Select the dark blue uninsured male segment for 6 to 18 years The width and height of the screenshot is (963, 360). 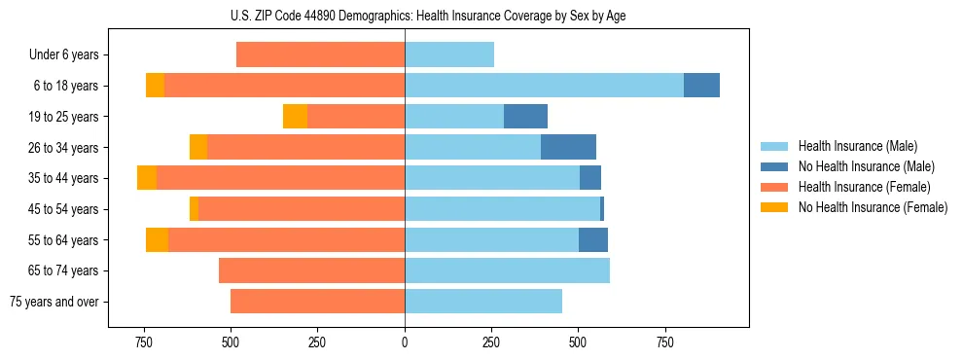click(x=701, y=86)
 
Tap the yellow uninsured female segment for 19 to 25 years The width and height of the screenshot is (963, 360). click(x=295, y=117)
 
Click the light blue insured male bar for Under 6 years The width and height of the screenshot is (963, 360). click(x=449, y=55)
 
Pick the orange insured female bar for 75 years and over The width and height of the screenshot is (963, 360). click(x=317, y=302)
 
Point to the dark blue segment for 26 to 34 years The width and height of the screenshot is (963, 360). click(x=568, y=147)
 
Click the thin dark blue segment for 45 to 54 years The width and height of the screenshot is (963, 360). click(x=602, y=209)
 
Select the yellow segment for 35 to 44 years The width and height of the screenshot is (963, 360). click(x=147, y=178)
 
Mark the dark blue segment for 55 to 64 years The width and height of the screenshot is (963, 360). click(x=593, y=239)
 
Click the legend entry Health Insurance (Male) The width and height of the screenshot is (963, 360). click(x=857, y=146)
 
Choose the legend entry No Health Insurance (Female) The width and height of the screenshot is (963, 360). click(x=873, y=207)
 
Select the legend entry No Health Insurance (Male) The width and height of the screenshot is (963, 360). click(x=866, y=166)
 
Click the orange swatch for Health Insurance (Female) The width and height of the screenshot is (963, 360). click(x=774, y=187)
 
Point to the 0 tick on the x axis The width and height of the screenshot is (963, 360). click(x=405, y=342)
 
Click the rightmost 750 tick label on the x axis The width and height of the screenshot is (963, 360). click(x=665, y=342)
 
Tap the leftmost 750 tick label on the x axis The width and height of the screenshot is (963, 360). click(x=144, y=342)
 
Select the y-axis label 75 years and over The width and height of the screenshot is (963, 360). click(x=54, y=302)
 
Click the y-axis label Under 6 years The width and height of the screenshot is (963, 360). click(x=64, y=55)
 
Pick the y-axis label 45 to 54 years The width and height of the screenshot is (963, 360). click(x=65, y=209)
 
